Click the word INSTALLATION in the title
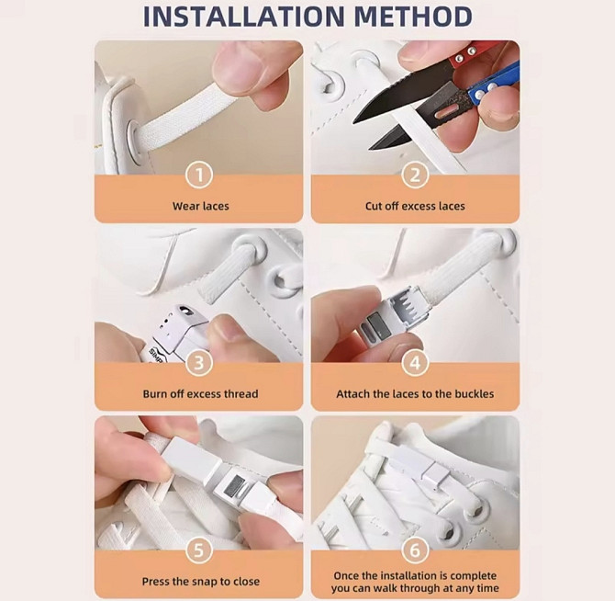pos(244,17)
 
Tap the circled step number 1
pos(199,175)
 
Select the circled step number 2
pos(415,175)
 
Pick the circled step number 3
pos(199,363)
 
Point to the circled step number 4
pos(415,363)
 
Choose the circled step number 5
pos(199,550)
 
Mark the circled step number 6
pos(415,550)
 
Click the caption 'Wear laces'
pos(200,206)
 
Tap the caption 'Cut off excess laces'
pos(415,206)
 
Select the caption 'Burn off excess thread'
pos(200,393)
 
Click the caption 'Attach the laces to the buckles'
pos(415,393)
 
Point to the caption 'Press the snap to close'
pos(200,582)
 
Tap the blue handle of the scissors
pos(494,84)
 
